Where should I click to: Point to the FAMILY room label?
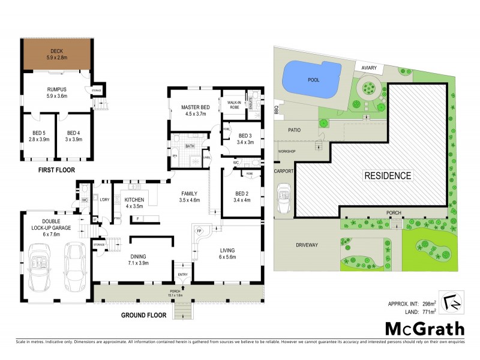click(x=191, y=193)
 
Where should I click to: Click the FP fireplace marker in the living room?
click(x=197, y=230)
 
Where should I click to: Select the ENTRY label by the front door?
click(x=183, y=275)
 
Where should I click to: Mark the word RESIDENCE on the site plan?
click(x=388, y=176)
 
